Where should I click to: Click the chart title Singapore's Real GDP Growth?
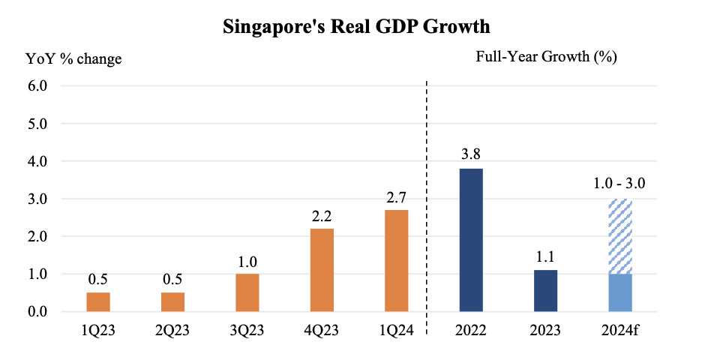[357, 27]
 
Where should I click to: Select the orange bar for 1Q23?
[98, 301]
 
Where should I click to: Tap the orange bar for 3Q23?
[247, 292]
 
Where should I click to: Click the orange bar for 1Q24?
[396, 260]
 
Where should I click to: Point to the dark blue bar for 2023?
[545, 291]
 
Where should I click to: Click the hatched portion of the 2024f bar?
[620, 236]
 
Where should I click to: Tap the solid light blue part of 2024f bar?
[620, 292]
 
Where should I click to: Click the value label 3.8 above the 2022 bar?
[471, 155]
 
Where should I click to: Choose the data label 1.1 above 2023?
[545, 257]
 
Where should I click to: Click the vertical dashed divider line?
[426, 202]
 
